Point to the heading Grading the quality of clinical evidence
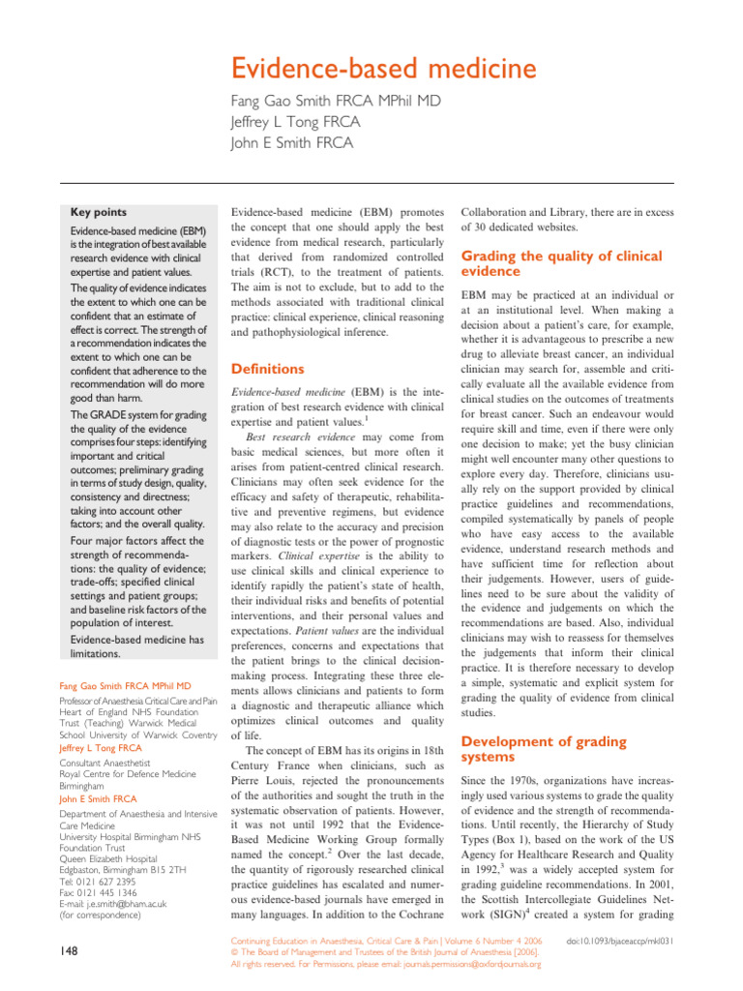pyautogui.click(x=561, y=263)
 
